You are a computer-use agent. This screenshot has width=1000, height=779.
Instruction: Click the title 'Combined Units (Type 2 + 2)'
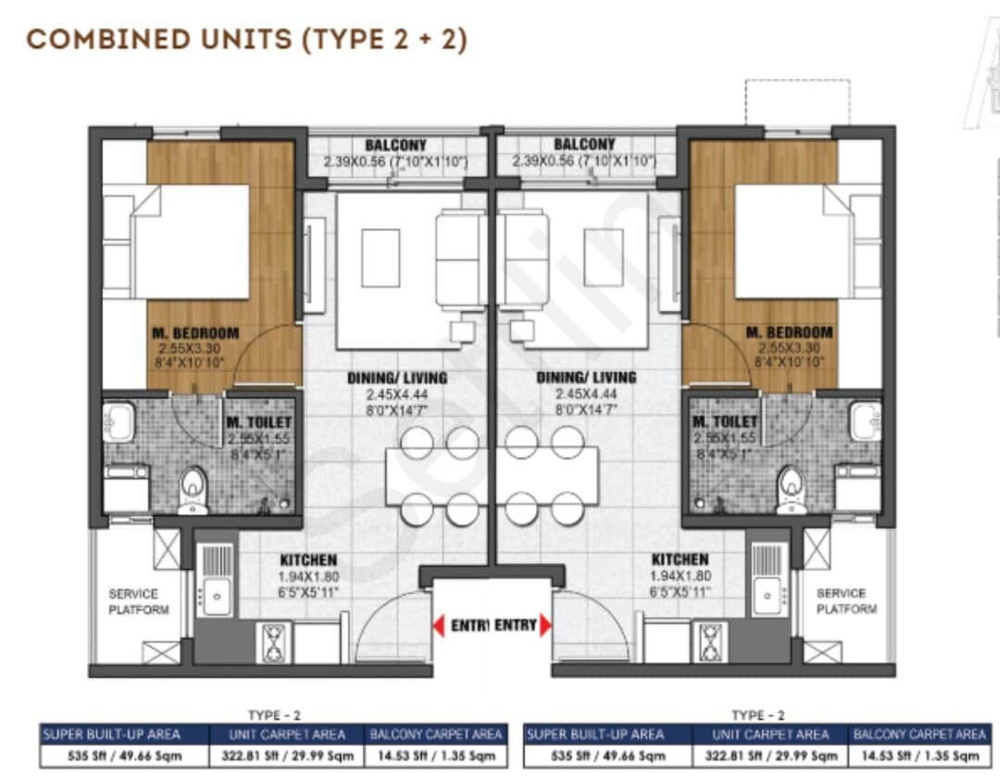(246, 40)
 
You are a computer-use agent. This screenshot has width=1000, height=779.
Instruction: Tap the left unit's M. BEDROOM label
(194, 333)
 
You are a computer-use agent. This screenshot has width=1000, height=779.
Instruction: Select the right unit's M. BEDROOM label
(789, 333)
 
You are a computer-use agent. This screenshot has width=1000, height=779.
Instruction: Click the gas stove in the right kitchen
(710, 641)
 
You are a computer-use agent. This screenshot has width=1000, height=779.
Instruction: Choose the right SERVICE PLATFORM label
(845, 601)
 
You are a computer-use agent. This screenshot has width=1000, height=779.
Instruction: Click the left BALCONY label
(395, 145)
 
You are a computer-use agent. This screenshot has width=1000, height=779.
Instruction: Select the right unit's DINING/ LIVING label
(586, 378)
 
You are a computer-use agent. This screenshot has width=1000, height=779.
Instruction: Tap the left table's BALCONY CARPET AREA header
(436, 735)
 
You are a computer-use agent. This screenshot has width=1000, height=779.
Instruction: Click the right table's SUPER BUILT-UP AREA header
(594, 735)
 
